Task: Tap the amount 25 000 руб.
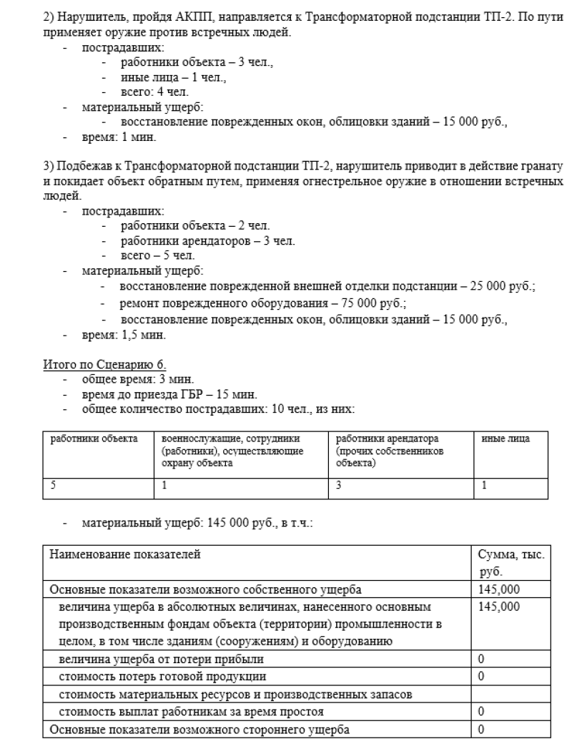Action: [503, 286]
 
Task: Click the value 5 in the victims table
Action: [52, 484]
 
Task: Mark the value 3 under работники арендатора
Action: [338, 484]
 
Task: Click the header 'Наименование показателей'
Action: [125, 553]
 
